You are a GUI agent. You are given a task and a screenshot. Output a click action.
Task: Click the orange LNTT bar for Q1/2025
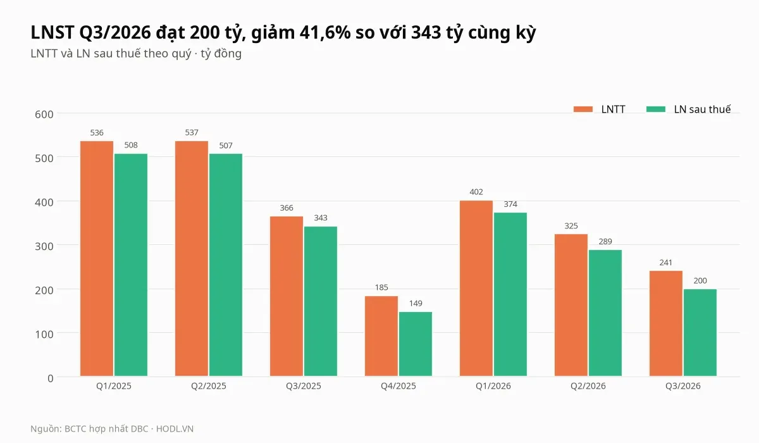coord(97,258)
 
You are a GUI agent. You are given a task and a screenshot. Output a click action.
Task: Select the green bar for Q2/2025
coord(226,265)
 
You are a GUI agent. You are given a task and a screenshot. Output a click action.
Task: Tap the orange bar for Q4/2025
coord(381,336)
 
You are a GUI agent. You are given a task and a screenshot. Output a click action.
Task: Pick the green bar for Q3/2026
coord(700,332)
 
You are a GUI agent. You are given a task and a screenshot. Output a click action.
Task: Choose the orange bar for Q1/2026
coord(476,288)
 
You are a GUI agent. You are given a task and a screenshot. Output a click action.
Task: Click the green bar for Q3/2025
coord(321,301)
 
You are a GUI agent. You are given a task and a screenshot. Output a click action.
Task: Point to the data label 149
coord(416,303)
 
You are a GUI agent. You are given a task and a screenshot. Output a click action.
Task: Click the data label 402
coord(476,192)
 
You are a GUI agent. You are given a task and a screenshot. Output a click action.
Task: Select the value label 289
coord(605,242)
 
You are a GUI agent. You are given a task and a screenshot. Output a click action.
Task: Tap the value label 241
coord(666,263)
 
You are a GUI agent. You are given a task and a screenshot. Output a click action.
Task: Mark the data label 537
coord(192,132)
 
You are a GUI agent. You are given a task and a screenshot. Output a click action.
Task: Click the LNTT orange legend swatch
coord(583,109)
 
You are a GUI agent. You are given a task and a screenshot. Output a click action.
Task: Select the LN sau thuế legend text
coord(703,109)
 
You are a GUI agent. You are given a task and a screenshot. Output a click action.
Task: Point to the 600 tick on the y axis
coord(44,115)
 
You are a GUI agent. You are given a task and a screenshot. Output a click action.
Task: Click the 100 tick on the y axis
coord(44,335)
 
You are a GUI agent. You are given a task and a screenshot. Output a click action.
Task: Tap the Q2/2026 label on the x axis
coord(588,386)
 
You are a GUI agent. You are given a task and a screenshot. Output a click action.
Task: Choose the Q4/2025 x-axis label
coord(398,386)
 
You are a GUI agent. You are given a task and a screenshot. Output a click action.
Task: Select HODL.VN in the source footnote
coord(175,429)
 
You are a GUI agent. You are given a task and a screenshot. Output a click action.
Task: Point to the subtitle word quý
coord(182,54)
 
